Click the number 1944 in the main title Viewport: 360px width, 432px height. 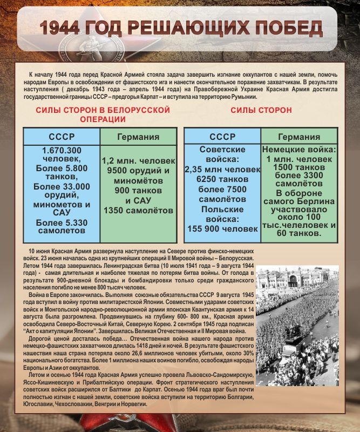pos(69,29)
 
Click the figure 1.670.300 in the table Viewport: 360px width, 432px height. pos(62,150)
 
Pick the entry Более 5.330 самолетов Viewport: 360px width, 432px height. pos(62,226)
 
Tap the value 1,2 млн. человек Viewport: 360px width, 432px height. pos(138,161)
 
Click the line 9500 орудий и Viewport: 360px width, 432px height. pos(138,171)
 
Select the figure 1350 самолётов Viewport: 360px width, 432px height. pos(138,210)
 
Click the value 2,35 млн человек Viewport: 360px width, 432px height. pos(222,170)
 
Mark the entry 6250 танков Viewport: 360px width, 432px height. pos(222,179)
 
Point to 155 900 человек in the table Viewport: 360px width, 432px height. pos(222,229)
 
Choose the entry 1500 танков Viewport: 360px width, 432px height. pos(299,167)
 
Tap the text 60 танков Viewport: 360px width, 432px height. pos(299,233)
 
